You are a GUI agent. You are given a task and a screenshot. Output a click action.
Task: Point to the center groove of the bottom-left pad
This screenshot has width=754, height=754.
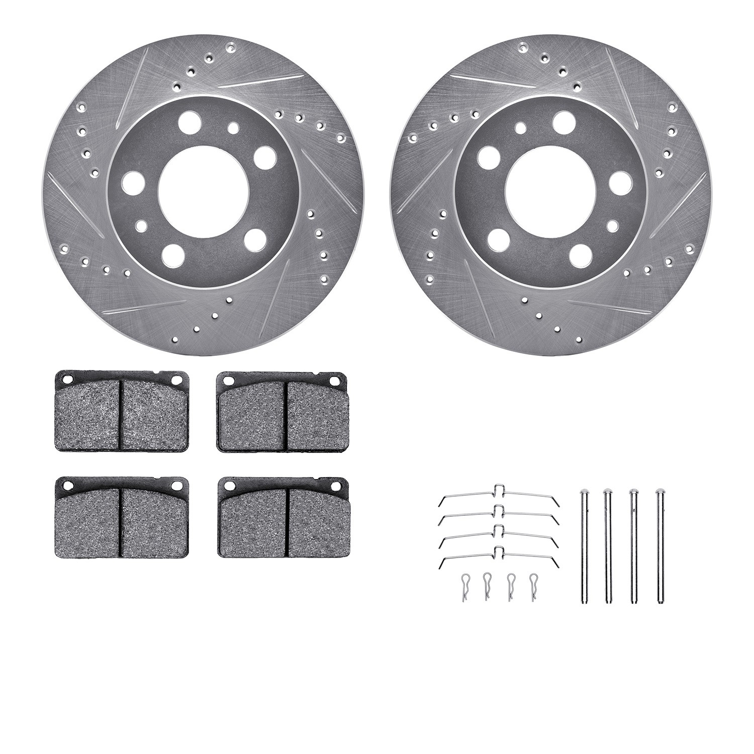[121, 523]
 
